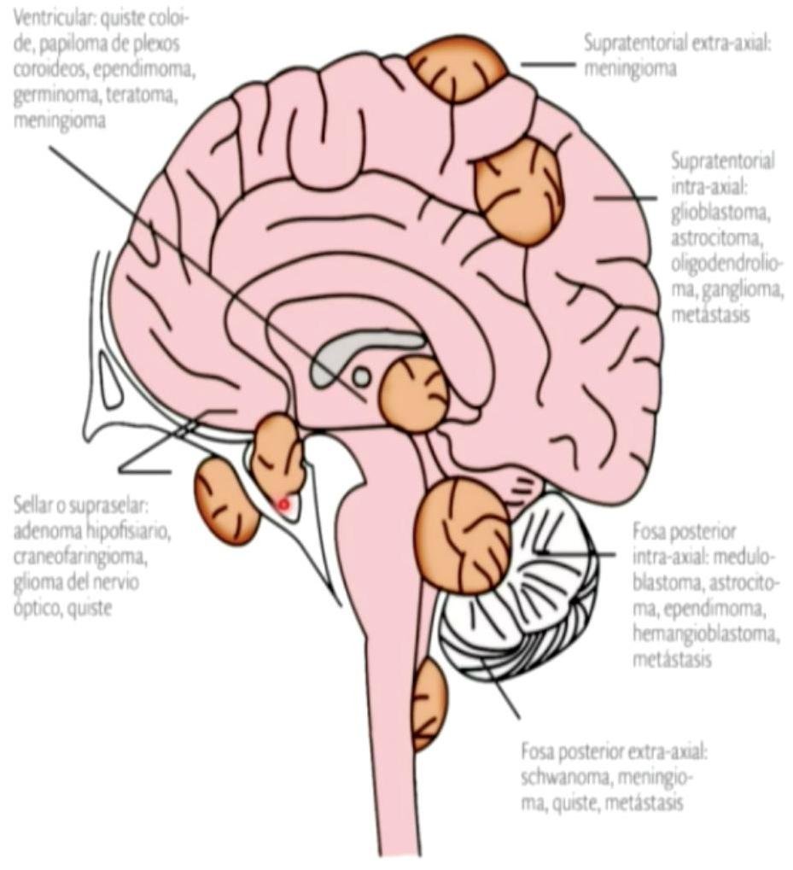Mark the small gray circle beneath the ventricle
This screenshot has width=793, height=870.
(x=361, y=376)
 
